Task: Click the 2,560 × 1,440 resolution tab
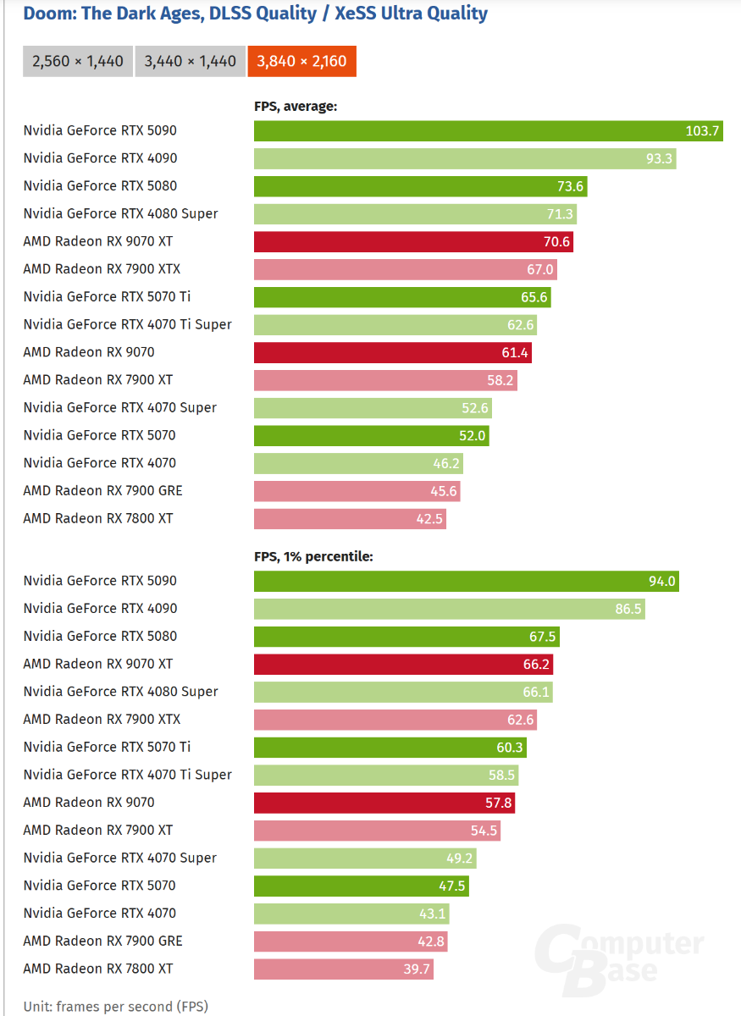(x=78, y=62)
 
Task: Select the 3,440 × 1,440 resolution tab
(x=191, y=62)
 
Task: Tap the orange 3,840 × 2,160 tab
(x=302, y=62)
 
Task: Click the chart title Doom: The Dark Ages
(x=255, y=14)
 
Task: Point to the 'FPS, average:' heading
(x=296, y=107)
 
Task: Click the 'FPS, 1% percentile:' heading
(x=313, y=557)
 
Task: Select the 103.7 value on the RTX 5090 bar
(x=702, y=130)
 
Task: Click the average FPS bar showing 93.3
(x=465, y=158)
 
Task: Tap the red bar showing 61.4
(x=393, y=352)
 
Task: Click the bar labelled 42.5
(x=350, y=518)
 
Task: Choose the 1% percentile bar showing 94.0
(x=466, y=581)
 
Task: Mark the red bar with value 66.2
(x=403, y=664)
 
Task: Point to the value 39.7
(x=417, y=969)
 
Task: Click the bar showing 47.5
(x=361, y=886)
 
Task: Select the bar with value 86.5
(x=449, y=609)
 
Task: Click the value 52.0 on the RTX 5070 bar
(x=472, y=435)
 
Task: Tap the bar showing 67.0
(x=405, y=269)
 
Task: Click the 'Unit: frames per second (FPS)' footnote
(x=115, y=1007)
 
